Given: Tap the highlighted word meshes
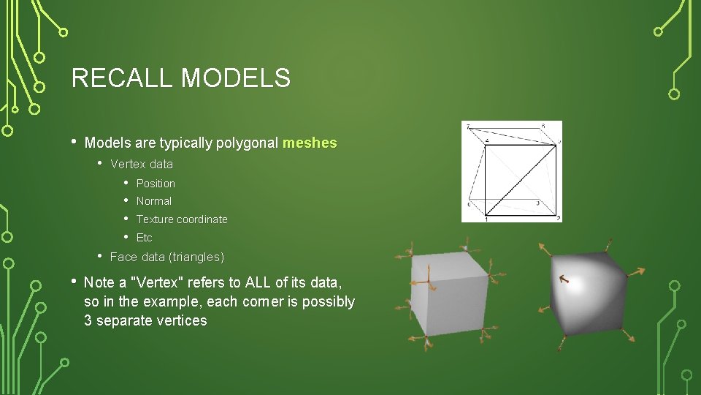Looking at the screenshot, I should click(x=310, y=143).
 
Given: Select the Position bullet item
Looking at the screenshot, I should click(x=156, y=184).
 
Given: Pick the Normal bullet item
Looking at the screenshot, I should click(x=154, y=201).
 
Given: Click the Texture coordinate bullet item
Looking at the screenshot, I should click(x=182, y=219).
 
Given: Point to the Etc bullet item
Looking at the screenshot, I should click(x=145, y=238).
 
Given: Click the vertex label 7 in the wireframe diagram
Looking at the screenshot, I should click(x=468, y=127).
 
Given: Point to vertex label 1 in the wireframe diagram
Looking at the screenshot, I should click(x=486, y=219).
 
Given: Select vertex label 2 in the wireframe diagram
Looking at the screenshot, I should click(x=558, y=218).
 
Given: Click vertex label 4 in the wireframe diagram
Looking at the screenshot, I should click(x=487, y=141).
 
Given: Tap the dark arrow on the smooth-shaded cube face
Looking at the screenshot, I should click(x=564, y=278).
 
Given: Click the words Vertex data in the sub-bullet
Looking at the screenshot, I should click(x=142, y=164).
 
